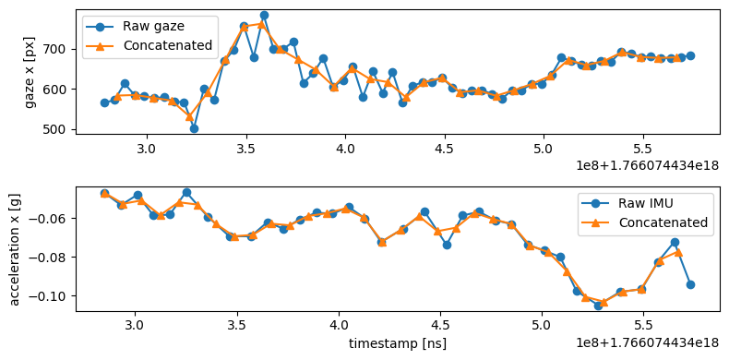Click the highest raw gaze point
(264, 15)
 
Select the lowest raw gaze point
(194, 128)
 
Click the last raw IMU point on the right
(690, 284)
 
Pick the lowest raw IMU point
(598, 305)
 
